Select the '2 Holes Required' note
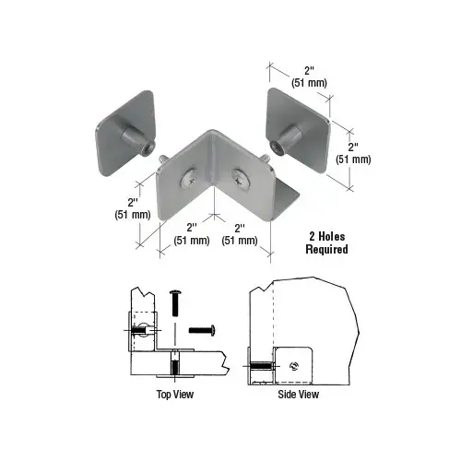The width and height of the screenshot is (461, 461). coord(326,242)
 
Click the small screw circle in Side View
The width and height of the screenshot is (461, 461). coord(293,361)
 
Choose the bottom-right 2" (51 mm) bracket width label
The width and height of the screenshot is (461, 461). coord(241,233)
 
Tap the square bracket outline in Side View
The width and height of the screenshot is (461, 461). coord(293,364)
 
